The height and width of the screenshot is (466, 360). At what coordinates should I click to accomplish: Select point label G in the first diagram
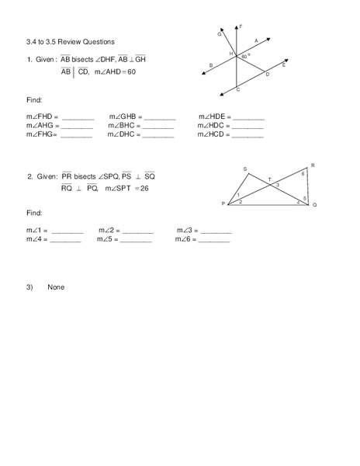coord(220,34)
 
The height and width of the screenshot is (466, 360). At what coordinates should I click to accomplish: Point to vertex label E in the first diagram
coord(284,64)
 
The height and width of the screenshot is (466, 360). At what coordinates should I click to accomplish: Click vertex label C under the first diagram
coord(237,91)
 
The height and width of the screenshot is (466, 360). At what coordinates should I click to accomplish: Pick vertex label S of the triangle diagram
coord(245,169)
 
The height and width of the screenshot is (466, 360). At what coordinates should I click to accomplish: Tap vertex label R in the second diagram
coord(312,165)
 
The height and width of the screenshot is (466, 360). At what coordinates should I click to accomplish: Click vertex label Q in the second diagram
coord(314,206)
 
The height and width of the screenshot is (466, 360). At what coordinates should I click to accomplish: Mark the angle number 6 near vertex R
coord(303,174)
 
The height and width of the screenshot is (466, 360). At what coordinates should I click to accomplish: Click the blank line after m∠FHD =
coord(77,117)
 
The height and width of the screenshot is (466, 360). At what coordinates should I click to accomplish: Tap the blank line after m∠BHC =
coord(157,126)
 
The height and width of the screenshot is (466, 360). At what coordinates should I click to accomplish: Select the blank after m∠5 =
coord(137,240)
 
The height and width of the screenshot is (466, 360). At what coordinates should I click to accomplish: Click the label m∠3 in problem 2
coord(184,231)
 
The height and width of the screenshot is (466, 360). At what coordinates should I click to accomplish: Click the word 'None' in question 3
coord(56,287)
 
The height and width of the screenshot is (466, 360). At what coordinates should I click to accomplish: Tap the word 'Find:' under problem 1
coord(34,100)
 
